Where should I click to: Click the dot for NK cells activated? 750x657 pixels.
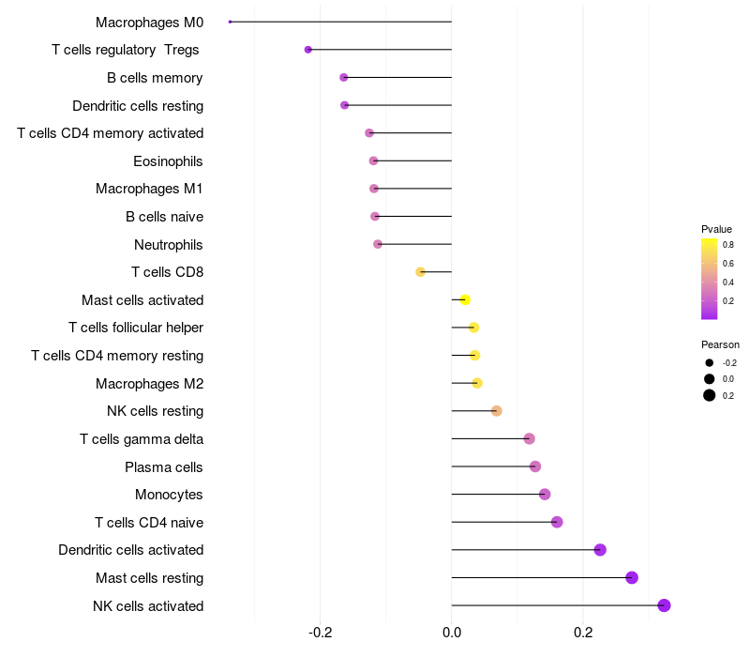click(x=664, y=605)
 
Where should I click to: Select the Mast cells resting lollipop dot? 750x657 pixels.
click(x=632, y=577)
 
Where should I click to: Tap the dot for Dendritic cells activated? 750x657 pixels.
click(x=600, y=550)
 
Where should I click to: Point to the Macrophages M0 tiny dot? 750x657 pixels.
click(x=230, y=22)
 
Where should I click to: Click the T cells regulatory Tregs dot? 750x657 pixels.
click(x=307, y=50)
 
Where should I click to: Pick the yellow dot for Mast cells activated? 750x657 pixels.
click(x=464, y=299)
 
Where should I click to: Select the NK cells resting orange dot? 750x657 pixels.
click(x=497, y=411)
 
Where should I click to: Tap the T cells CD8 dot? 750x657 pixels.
click(x=421, y=272)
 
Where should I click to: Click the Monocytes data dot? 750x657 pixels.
click(x=545, y=495)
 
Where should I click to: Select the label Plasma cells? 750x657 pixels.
click(x=164, y=467)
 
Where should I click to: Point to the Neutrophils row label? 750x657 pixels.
click(x=169, y=245)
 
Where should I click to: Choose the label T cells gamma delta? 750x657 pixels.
click(x=142, y=439)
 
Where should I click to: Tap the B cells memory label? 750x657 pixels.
click(x=156, y=78)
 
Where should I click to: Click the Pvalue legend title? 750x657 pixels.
click(x=716, y=229)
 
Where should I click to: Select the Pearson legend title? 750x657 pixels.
click(x=720, y=344)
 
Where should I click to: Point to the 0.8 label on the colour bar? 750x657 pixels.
click(x=728, y=244)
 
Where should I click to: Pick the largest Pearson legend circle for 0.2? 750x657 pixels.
click(x=710, y=395)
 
